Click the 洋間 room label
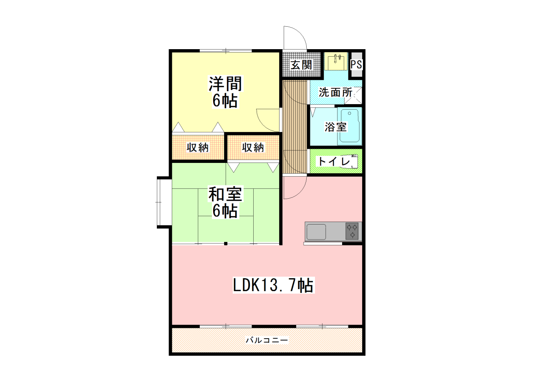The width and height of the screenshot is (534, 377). tap(225, 84)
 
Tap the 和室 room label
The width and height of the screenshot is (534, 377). tap(225, 194)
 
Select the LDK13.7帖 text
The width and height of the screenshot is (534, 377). tap(273, 285)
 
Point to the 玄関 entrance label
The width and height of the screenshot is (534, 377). tap(301, 65)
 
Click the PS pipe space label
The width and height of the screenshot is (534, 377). tap(356, 65)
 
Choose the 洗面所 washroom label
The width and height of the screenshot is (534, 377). tap(335, 92)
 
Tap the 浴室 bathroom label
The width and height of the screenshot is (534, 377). tap(336, 127)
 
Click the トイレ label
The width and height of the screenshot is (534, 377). tap(334, 162)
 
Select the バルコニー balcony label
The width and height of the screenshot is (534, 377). tap(267, 340)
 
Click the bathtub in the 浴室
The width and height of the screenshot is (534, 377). tap(350, 126)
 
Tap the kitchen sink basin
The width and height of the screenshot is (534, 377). tap(316, 232)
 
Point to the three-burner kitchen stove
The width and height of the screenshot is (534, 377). tap(352, 231)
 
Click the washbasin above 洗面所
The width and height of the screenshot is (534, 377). tap(336, 61)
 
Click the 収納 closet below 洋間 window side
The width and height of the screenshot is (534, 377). tap(198, 147)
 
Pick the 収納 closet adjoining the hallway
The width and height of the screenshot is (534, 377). tap(253, 147)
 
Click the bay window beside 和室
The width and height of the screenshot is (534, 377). tap(164, 202)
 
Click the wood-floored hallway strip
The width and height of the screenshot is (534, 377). tap(295, 127)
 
